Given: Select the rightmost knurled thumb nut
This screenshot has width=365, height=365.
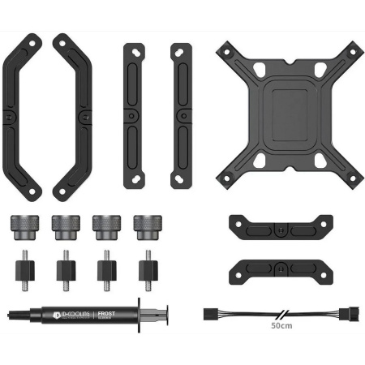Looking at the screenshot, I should click(x=148, y=226).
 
